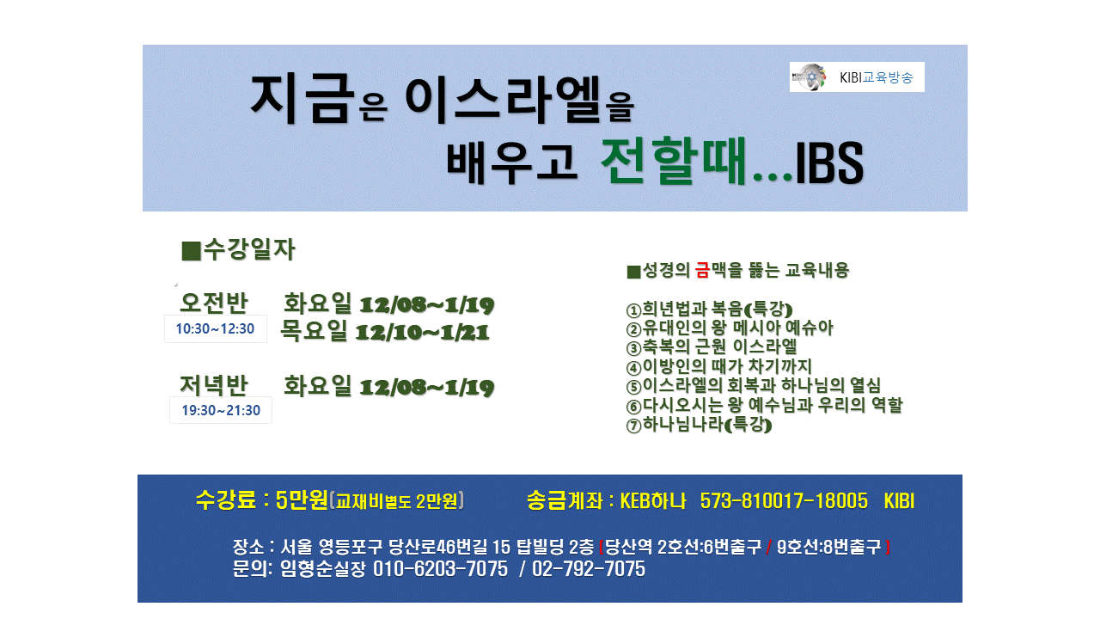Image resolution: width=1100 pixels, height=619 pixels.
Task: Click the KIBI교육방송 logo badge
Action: click(x=857, y=77)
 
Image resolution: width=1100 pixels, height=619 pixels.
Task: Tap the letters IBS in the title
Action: click(x=829, y=162)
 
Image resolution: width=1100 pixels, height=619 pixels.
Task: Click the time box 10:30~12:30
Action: click(x=215, y=328)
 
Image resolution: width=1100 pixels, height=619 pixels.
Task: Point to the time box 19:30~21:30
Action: click(x=221, y=410)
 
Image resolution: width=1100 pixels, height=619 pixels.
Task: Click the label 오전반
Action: click(x=214, y=303)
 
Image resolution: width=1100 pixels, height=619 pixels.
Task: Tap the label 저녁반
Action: click(x=214, y=385)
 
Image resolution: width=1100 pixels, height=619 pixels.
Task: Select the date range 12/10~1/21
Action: click(x=423, y=333)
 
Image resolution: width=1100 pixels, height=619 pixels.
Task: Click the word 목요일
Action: click(x=315, y=330)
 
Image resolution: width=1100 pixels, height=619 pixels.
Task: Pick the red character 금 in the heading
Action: click(x=703, y=270)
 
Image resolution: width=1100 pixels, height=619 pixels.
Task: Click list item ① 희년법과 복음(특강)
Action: click(x=710, y=309)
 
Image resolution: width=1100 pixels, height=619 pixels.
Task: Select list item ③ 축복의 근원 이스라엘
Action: click(x=712, y=346)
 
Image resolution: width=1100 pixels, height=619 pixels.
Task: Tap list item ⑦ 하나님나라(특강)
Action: click(x=700, y=425)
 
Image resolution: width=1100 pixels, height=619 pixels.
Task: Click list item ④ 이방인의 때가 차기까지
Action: click(x=719, y=366)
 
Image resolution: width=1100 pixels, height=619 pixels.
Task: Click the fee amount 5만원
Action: click(x=302, y=500)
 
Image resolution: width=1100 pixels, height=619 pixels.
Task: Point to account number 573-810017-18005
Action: click(x=784, y=501)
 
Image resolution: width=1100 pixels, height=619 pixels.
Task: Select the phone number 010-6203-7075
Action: click(x=441, y=569)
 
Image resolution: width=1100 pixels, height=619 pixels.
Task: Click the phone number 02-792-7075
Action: click(x=589, y=569)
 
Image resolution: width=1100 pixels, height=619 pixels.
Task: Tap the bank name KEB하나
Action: click(x=652, y=501)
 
